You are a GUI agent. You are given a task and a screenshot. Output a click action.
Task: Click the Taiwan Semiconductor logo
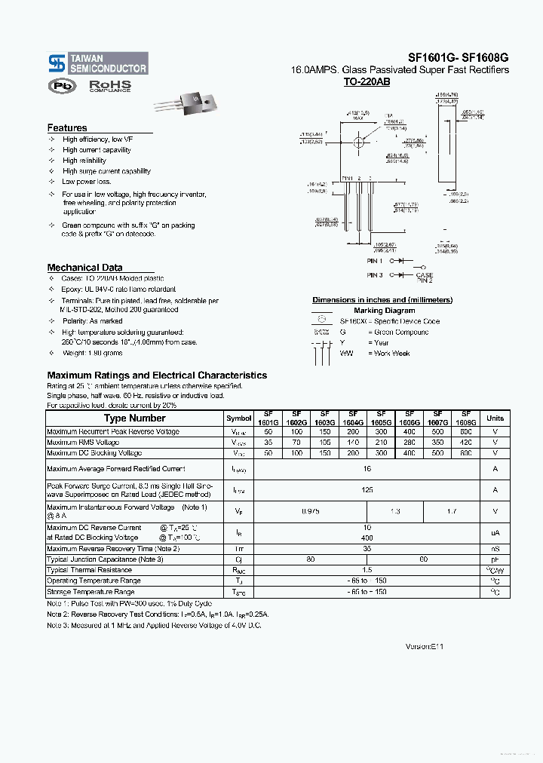(97, 63)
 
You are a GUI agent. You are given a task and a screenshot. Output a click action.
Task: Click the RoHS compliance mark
(110, 87)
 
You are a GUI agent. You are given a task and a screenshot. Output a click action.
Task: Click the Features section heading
(67, 128)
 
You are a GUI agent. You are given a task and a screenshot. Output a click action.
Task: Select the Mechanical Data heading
(84, 268)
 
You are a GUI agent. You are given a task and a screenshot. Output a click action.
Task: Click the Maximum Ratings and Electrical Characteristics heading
(157, 375)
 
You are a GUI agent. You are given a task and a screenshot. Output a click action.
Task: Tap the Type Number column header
(134, 418)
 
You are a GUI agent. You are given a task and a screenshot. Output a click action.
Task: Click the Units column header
(495, 418)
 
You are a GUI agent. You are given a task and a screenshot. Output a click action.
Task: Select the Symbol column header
(239, 418)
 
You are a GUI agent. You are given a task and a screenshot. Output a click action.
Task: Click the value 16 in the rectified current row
(367, 469)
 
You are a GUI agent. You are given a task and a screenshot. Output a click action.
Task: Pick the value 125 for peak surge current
(367, 490)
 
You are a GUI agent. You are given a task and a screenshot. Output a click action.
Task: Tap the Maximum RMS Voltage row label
(83, 443)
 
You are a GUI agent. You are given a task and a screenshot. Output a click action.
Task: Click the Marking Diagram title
(384, 311)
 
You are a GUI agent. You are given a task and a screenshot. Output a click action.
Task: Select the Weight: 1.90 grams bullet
(92, 353)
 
